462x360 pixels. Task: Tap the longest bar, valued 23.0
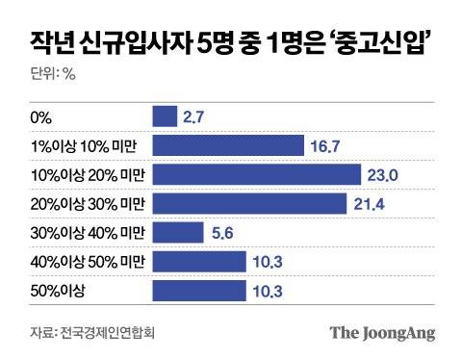[x=255, y=175]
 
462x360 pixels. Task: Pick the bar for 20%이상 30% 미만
[x=250, y=204]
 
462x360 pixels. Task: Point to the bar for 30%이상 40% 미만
[x=179, y=233]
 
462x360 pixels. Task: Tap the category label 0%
[x=41, y=118]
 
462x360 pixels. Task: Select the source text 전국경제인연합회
[x=108, y=333]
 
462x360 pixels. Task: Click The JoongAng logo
[x=382, y=333]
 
